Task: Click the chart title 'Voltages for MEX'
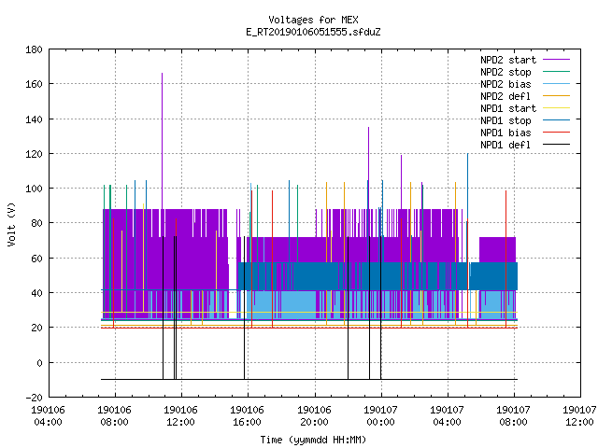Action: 313,20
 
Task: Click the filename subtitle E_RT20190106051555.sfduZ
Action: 313,32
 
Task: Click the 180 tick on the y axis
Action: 34,49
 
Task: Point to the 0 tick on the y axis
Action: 39,363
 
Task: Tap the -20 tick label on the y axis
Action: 34,398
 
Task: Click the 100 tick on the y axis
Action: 34,189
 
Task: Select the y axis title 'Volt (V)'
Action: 11,225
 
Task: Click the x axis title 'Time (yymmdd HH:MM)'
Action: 313,440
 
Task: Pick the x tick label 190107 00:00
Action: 380,416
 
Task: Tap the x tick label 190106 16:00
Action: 247,416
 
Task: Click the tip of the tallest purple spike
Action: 162,73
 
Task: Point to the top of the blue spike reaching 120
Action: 467,153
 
